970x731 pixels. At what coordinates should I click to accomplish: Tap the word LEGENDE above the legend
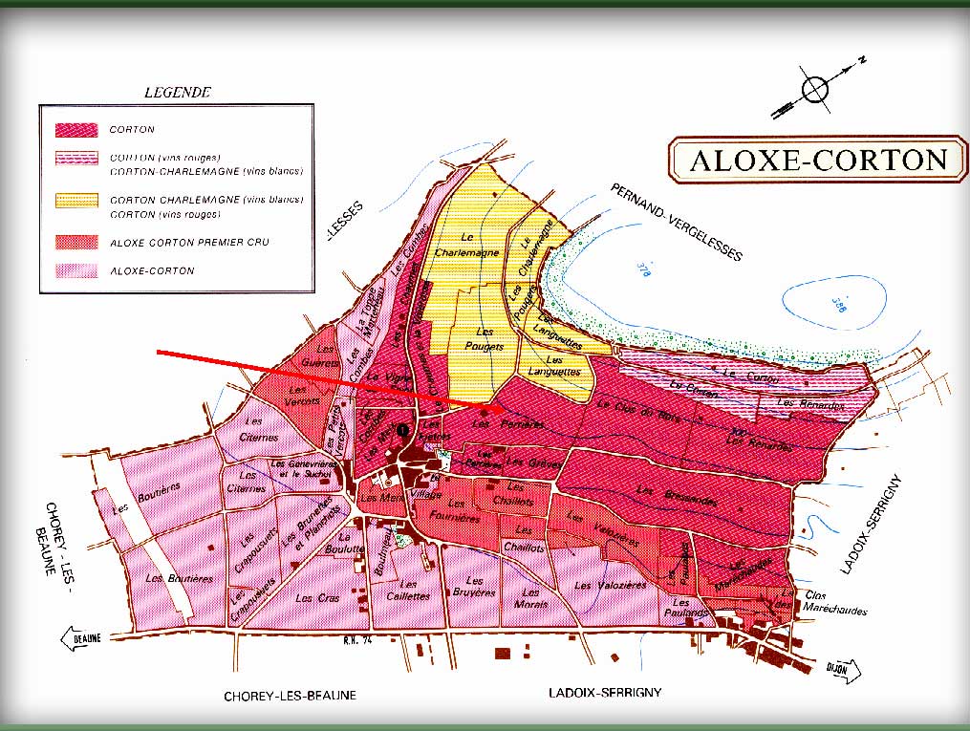[x=176, y=93]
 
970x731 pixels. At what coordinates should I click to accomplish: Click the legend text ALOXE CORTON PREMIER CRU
[x=188, y=243]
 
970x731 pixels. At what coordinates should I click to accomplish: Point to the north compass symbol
[x=814, y=89]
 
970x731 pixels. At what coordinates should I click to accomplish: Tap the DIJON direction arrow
[x=841, y=668]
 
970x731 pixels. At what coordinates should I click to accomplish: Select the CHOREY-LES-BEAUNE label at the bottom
[x=290, y=696]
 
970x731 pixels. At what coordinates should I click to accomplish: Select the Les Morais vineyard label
[x=530, y=598]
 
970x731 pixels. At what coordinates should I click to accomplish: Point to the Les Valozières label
[x=611, y=585]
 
